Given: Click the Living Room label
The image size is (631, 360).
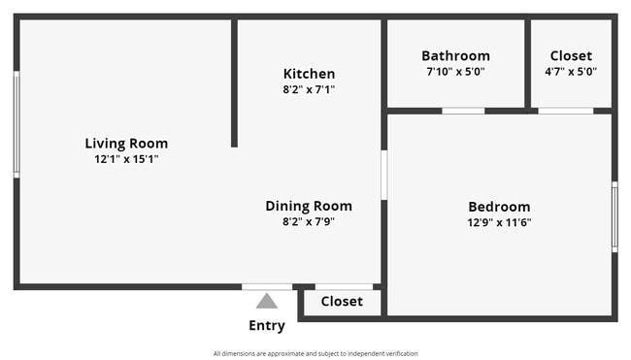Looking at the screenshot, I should coord(126,144).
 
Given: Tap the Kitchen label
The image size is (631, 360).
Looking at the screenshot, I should coord(309,74).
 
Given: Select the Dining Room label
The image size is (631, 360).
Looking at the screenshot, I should coord(309,206).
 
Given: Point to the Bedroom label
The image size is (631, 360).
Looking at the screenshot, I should coord(499,207).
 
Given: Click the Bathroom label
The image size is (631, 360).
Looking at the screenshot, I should coord(455,56).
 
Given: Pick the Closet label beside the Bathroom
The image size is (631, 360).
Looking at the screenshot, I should coord(571,56).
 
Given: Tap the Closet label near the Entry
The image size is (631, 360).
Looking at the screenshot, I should coord(342,302).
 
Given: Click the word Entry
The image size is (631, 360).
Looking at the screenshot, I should coord(267,326).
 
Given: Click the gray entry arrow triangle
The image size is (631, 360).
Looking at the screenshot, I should coord(267,302).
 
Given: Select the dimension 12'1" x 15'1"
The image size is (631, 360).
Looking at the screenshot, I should coord(126,159).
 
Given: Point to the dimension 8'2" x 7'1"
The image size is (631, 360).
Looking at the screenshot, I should coord(309,89).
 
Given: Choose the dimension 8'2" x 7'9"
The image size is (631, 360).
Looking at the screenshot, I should coord(309,221).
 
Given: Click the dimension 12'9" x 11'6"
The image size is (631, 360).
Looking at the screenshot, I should coord(499,222).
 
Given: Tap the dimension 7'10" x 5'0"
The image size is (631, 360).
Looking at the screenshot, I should coord(455,72).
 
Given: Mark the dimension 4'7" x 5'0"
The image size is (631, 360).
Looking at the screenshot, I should coord(571,72).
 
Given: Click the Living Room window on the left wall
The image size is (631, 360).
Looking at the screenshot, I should coord(17,124).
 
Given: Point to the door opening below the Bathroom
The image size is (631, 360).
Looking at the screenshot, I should coord(463,111).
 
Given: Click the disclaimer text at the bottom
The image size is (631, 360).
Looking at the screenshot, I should coord(315,353).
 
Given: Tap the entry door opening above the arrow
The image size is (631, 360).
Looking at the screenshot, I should coord(267,286).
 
